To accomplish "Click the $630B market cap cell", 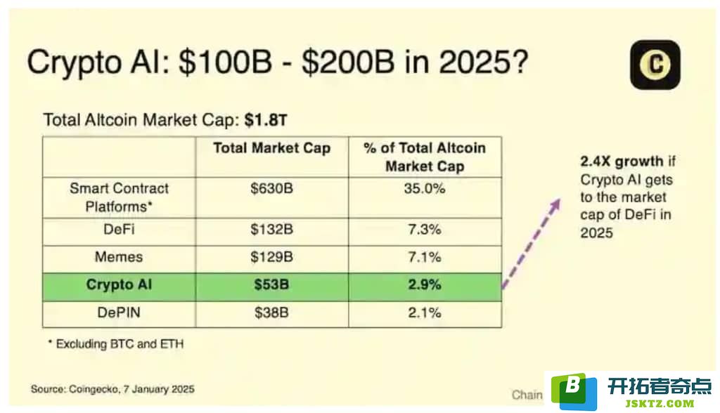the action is (x=272, y=189).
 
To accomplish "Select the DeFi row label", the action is (x=119, y=229).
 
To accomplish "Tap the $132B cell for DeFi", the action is (x=272, y=229).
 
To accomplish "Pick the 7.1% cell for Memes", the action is (x=425, y=256).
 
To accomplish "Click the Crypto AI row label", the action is (x=119, y=284).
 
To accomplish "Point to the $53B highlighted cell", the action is (x=272, y=284).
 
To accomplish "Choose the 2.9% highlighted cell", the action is (x=425, y=284).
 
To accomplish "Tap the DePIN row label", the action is (x=119, y=313).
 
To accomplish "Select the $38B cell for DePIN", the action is (x=272, y=313).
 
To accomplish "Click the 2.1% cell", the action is (x=425, y=313).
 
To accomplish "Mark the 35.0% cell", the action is (x=425, y=189).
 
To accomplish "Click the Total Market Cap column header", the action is (x=272, y=148).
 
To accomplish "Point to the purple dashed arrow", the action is (x=532, y=243).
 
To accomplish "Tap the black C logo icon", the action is (x=655, y=65).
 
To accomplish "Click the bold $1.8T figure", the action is (x=266, y=120).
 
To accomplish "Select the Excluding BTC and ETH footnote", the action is (x=116, y=343).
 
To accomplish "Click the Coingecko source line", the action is (x=112, y=389).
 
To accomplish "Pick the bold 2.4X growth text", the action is (x=622, y=162).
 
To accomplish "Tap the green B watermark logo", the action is (x=574, y=391).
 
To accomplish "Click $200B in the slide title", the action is (x=347, y=62).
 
